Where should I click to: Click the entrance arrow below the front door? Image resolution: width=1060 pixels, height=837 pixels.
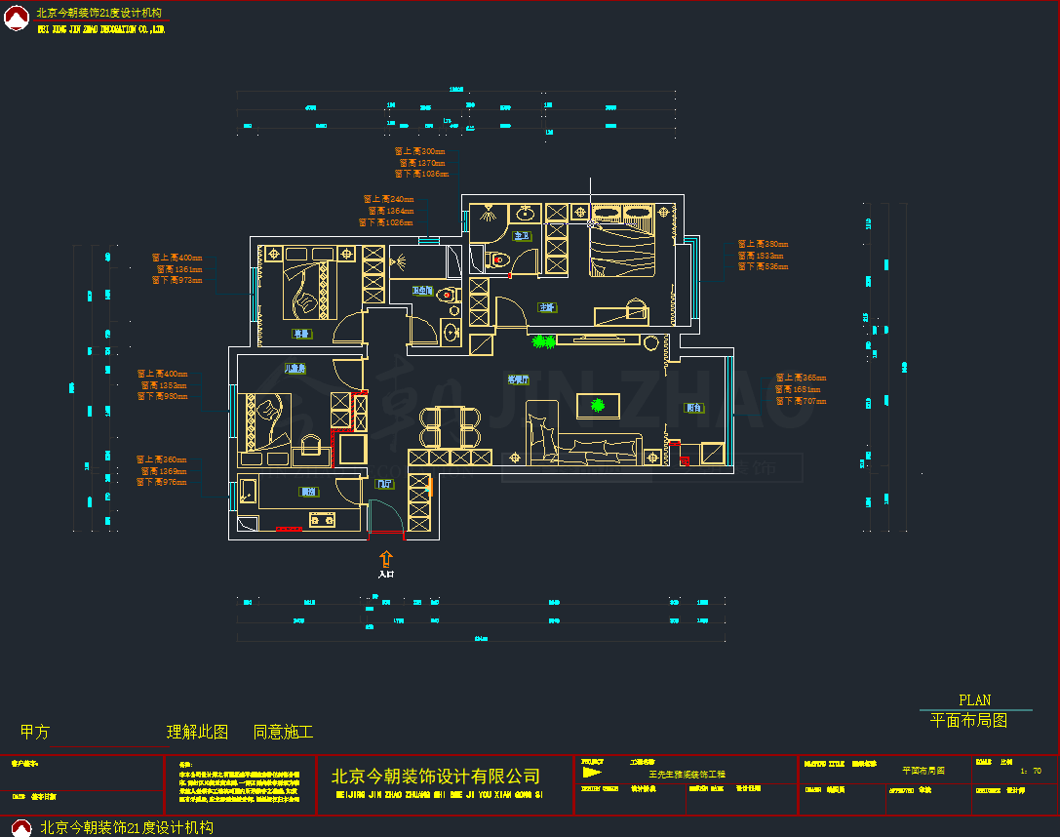click(386, 559)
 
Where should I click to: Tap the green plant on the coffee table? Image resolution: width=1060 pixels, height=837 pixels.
click(597, 405)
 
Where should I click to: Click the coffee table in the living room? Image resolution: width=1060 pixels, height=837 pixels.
click(597, 405)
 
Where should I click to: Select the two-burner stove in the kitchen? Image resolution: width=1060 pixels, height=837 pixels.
click(321, 520)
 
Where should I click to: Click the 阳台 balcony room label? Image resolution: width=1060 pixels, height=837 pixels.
click(694, 408)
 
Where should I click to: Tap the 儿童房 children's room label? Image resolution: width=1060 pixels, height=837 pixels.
click(294, 369)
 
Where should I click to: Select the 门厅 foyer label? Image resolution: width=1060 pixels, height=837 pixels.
click(384, 483)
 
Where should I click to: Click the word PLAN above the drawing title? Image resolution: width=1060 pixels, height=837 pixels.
click(974, 699)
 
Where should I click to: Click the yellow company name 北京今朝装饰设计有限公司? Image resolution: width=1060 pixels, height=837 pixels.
click(436, 777)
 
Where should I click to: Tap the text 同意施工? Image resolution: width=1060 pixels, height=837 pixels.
click(283, 732)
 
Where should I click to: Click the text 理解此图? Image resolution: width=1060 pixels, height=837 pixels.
click(197, 732)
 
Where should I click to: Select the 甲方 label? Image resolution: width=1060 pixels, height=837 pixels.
click(34, 732)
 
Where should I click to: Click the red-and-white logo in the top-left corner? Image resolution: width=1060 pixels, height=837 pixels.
click(18, 18)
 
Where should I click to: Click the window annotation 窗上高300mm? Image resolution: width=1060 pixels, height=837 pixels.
click(419, 152)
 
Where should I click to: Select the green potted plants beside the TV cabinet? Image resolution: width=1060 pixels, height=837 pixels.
click(543, 341)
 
